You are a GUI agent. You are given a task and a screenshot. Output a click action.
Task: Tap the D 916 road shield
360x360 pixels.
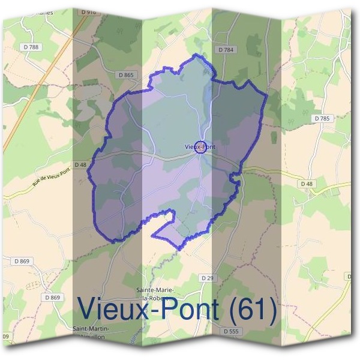point(89,11)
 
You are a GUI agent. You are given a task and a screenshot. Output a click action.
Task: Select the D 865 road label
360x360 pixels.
point(127,75)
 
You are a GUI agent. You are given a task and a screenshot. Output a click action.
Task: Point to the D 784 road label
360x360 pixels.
point(226,50)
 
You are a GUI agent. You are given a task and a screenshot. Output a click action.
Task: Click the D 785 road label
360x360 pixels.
point(322,119)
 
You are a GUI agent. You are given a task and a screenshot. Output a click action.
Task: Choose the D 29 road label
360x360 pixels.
point(207,278)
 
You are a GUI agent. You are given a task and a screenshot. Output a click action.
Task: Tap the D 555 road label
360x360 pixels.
point(230,331)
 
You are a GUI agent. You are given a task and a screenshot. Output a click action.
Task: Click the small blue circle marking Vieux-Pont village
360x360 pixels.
point(202,147)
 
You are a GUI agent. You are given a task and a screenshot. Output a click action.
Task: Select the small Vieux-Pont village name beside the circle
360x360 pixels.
point(199,146)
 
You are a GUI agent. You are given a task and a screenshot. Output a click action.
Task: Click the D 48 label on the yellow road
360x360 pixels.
point(305,183)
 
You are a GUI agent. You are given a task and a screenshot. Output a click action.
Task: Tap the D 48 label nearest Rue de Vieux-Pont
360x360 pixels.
point(80,164)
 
